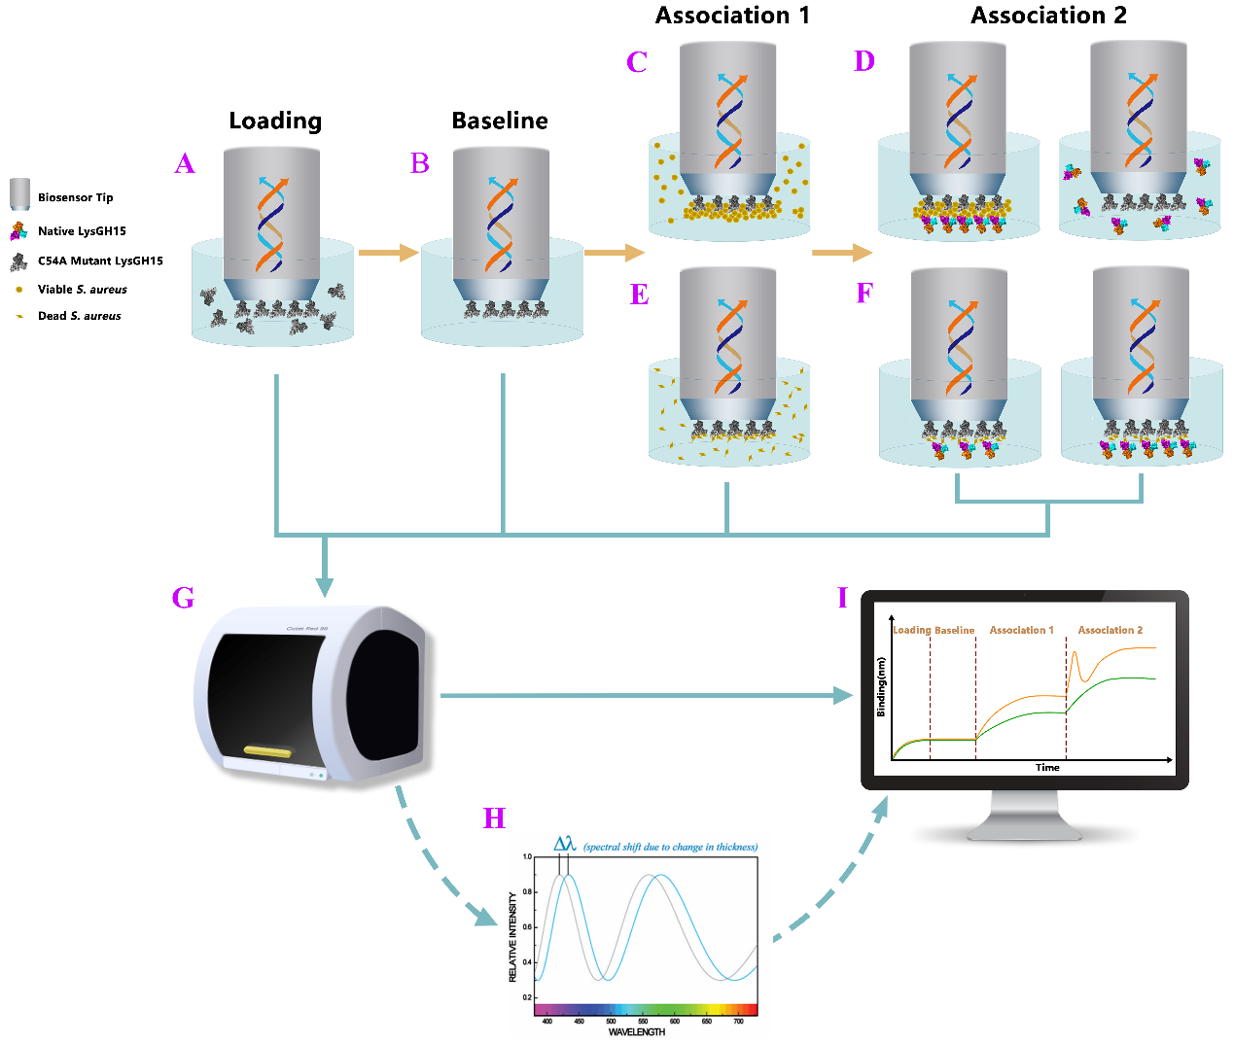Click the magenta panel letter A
[x=185, y=163]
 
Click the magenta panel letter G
[x=183, y=597]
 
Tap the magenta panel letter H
[x=494, y=818]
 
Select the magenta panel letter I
[x=842, y=597]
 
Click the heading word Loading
[x=275, y=121]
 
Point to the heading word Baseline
[x=500, y=121]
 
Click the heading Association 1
[x=732, y=16]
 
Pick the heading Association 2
[x=1048, y=16]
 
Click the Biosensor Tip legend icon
[x=20, y=194]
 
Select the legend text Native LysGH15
[x=82, y=231]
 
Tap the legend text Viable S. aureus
[x=83, y=290]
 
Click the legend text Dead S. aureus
[x=80, y=316]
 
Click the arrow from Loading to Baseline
[x=387, y=254]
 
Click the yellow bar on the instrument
[x=267, y=750]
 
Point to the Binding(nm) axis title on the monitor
[x=881, y=686]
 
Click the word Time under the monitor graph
[x=1047, y=768]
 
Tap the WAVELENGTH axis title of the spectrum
[x=637, y=1032]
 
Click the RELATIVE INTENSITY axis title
[x=513, y=937]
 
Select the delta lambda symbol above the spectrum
[x=565, y=844]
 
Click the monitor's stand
[x=1025, y=816]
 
